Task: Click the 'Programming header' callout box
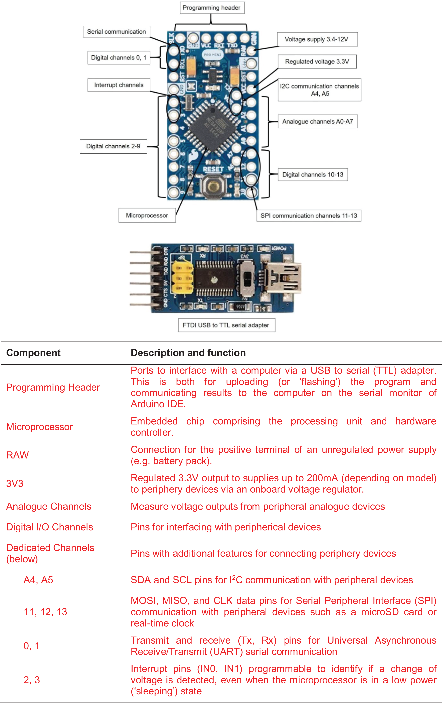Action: [212, 8]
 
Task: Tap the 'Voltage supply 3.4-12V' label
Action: [317, 39]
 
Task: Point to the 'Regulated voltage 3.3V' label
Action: [317, 62]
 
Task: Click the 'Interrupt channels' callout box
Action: [119, 85]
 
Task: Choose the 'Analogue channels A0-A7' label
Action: [318, 121]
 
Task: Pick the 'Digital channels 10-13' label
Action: [313, 175]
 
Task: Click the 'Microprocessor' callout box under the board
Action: [147, 215]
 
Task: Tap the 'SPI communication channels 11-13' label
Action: [309, 215]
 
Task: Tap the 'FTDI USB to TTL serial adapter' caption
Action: [227, 325]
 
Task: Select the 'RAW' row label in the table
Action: [18, 455]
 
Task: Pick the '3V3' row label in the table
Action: [15, 483]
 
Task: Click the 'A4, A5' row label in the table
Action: [38, 580]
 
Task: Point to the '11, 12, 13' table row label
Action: [45, 612]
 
